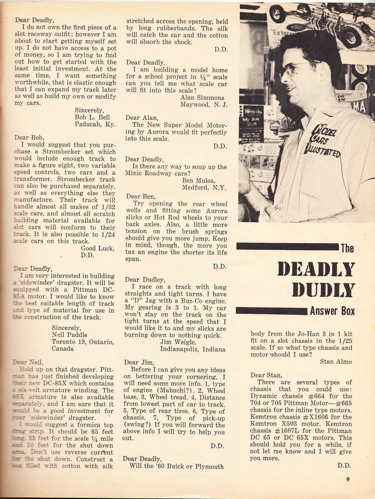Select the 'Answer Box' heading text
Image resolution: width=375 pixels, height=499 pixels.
(332, 311)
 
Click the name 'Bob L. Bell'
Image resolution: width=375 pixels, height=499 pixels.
(92, 117)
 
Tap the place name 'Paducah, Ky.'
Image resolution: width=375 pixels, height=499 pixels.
(95, 124)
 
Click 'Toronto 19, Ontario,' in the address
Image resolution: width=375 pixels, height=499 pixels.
(82, 342)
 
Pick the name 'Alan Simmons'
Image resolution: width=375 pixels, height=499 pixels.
(202, 98)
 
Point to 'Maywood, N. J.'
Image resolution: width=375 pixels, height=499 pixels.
(204, 104)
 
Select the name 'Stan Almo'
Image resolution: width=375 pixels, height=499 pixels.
(336, 362)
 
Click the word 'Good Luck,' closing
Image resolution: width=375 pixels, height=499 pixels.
(97, 248)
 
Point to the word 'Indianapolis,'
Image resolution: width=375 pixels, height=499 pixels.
(180, 349)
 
